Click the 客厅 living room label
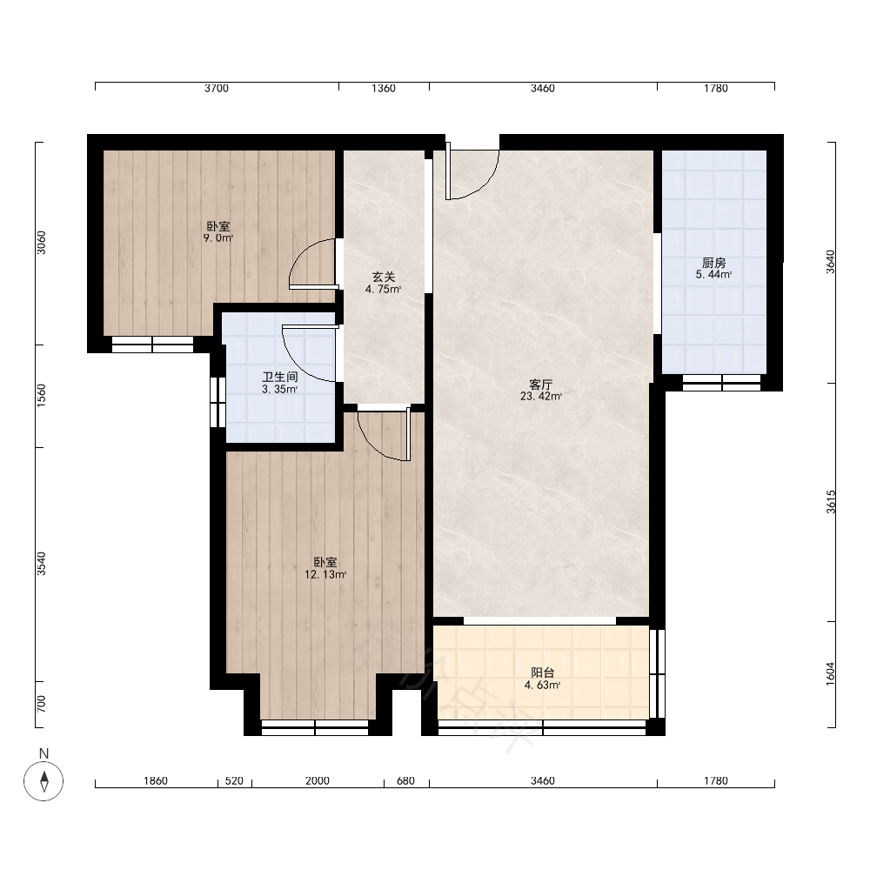click(541, 385)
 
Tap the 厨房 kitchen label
click(713, 263)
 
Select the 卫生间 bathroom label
click(280, 377)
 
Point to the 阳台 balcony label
click(543, 673)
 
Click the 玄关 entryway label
click(384, 277)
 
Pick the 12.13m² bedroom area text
click(325, 575)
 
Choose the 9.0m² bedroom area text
click(218, 238)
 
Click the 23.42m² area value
click(541, 396)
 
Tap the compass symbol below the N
click(43, 781)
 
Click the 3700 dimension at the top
click(217, 88)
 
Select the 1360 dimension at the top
click(384, 88)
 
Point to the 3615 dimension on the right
click(831, 502)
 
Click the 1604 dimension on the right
click(831, 673)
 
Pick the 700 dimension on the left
click(41, 704)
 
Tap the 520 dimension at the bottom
click(234, 780)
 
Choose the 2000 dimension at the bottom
click(318, 780)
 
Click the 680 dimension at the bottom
click(405, 780)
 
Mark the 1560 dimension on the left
click(41, 396)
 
